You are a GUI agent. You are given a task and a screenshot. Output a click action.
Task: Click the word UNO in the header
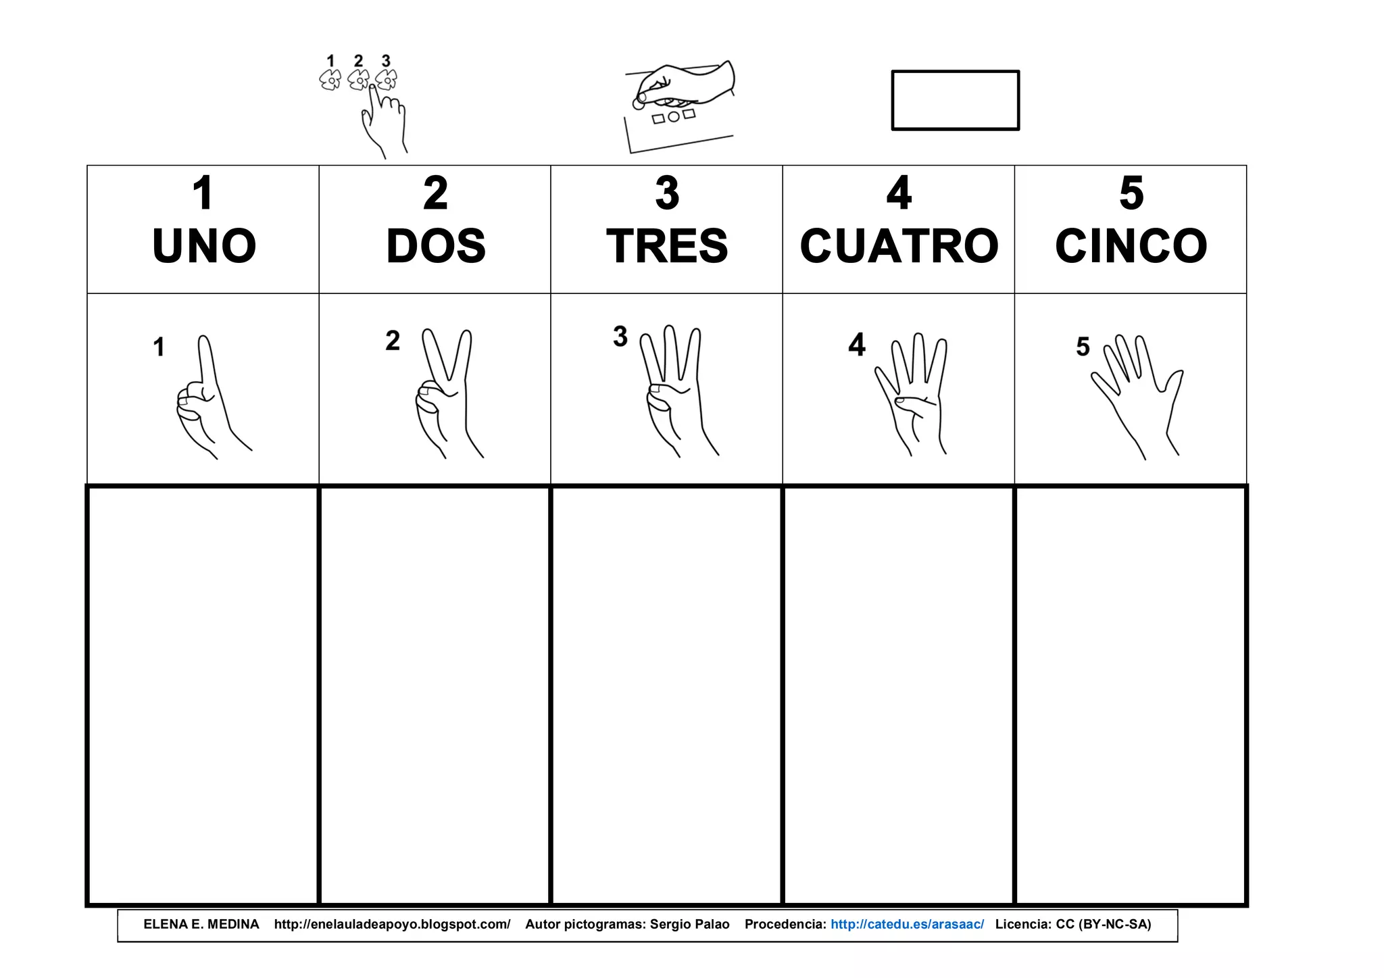[204, 246]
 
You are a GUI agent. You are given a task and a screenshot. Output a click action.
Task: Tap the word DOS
[436, 246]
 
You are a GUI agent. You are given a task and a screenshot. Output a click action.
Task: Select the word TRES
[667, 246]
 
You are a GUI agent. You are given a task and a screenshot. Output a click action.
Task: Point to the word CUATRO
[899, 246]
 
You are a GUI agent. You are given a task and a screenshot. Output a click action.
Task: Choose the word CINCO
[1131, 246]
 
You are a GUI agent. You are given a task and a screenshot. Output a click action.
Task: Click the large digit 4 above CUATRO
[899, 193]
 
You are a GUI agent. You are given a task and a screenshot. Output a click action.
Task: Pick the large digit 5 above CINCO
[1131, 193]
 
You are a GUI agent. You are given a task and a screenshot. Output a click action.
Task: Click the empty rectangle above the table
[955, 100]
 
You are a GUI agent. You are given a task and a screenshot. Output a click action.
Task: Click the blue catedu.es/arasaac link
[907, 925]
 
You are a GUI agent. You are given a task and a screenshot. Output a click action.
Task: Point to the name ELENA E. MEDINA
[201, 925]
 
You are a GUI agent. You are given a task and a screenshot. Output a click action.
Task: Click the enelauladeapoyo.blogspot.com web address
[392, 925]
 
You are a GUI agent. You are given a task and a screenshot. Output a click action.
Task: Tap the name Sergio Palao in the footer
[689, 925]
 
